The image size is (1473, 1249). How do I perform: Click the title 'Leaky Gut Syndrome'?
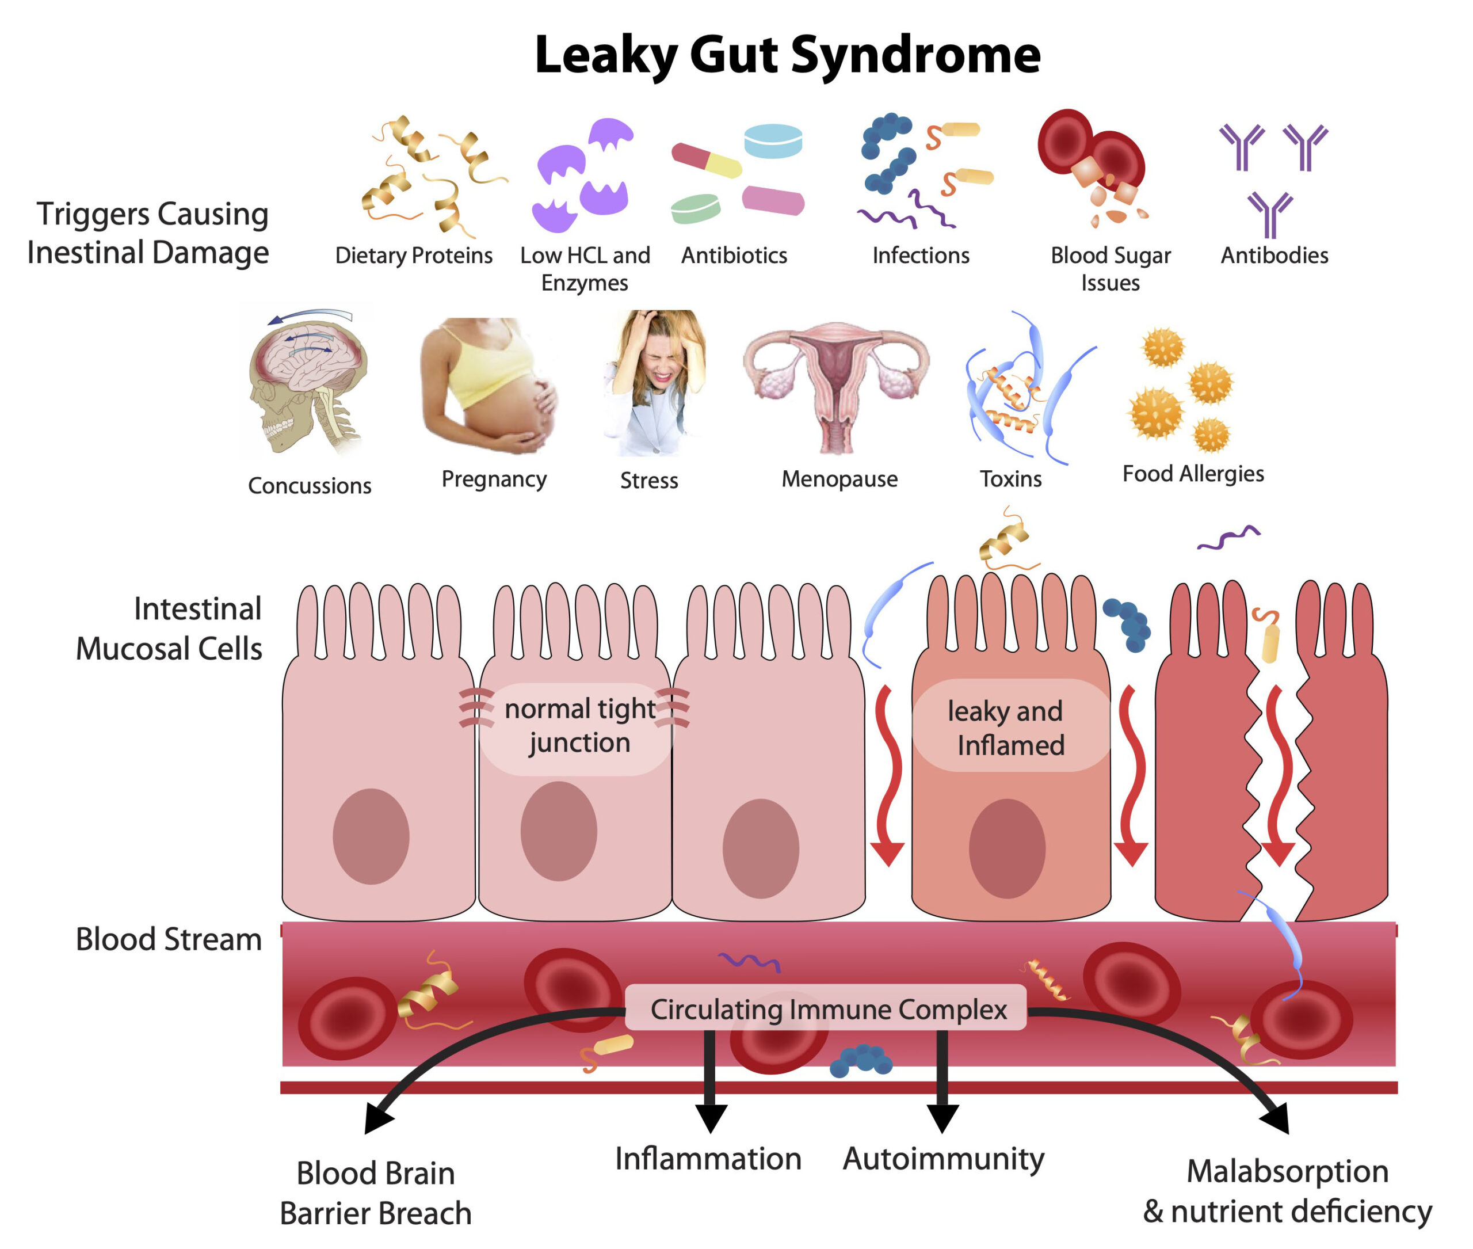click(787, 55)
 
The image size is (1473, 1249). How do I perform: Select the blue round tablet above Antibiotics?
click(773, 140)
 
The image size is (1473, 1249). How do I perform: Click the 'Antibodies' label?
click(1274, 255)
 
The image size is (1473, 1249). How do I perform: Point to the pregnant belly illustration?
click(489, 386)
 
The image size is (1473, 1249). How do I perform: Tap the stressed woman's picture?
click(655, 382)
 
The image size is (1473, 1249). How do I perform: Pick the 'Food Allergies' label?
click(1193, 474)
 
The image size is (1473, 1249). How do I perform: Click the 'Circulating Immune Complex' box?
click(826, 1009)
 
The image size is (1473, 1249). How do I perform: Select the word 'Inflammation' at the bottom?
click(708, 1159)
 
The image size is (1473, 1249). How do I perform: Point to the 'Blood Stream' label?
click(169, 939)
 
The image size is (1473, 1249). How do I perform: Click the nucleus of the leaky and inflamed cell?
click(1006, 848)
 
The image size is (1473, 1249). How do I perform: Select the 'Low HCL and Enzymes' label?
click(585, 269)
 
